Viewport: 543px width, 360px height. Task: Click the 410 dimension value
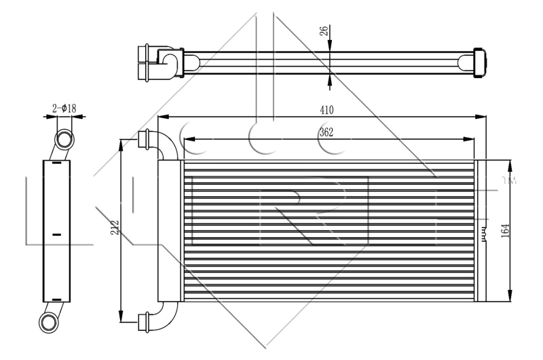(326, 109)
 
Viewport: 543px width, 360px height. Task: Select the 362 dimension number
(326, 132)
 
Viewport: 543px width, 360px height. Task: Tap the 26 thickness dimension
(326, 31)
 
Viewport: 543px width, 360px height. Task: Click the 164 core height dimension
(506, 230)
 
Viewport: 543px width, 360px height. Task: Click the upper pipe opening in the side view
(64, 140)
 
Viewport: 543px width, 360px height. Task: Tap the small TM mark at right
(510, 181)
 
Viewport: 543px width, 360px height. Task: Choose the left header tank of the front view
(170, 232)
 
